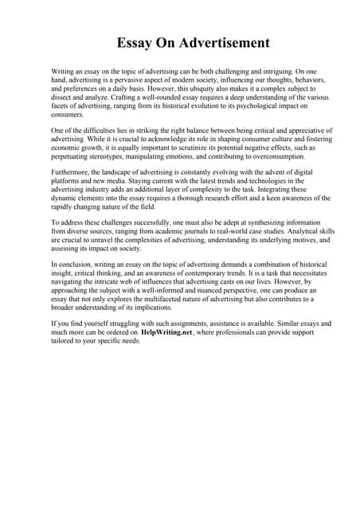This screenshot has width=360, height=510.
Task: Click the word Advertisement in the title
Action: coord(221,42)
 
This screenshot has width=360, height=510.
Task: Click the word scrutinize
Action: coord(194,148)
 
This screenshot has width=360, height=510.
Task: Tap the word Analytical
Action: coord(272,232)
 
